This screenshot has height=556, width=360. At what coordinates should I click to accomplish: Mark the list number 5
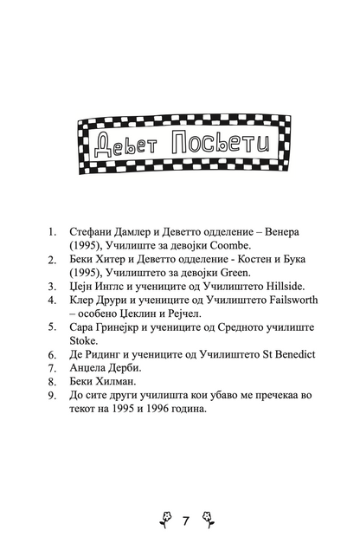[52, 329]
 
